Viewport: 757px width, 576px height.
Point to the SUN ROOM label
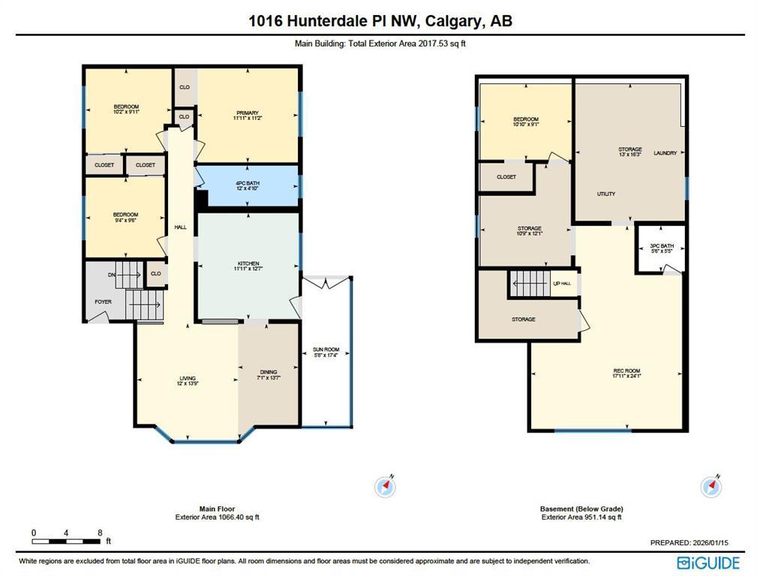(x=326, y=352)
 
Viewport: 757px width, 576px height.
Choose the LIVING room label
(x=187, y=381)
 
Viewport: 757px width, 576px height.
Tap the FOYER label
(x=103, y=302)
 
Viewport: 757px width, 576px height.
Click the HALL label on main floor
(x=180, y=227)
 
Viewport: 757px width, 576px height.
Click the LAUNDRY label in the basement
(x=665, y=154)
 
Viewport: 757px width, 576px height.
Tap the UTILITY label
(x=606, y=194)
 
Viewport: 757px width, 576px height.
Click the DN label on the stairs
(x=112, y=275)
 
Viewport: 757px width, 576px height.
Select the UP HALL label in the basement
(x=562, y=283)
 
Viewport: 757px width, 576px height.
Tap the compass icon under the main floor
(x=385, y=487)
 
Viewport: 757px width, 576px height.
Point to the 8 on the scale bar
(x=100, y=533)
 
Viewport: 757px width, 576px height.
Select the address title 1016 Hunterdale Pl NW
(x=380, y=21)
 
